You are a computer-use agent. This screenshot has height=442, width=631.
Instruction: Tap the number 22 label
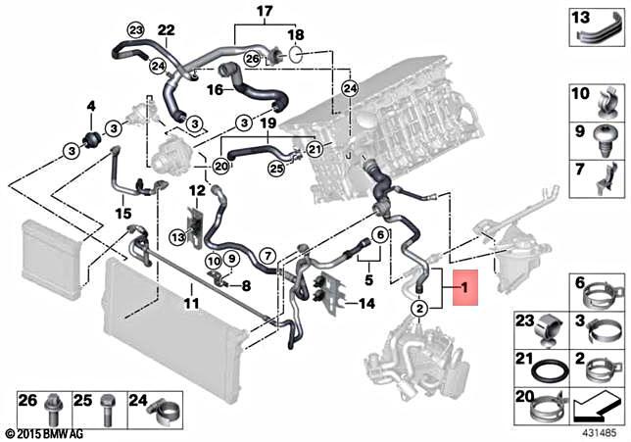click(x=166, y=30)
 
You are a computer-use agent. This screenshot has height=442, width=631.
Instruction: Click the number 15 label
click(x=122, y=213)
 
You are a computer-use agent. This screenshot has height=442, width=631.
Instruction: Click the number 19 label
click(x=267, y=124)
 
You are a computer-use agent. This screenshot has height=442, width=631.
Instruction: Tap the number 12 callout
click(x=197, y=189)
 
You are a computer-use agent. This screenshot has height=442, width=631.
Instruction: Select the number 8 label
click(x=246, y=286)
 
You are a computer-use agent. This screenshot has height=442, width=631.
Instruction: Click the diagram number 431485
click(x=599, y=429)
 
